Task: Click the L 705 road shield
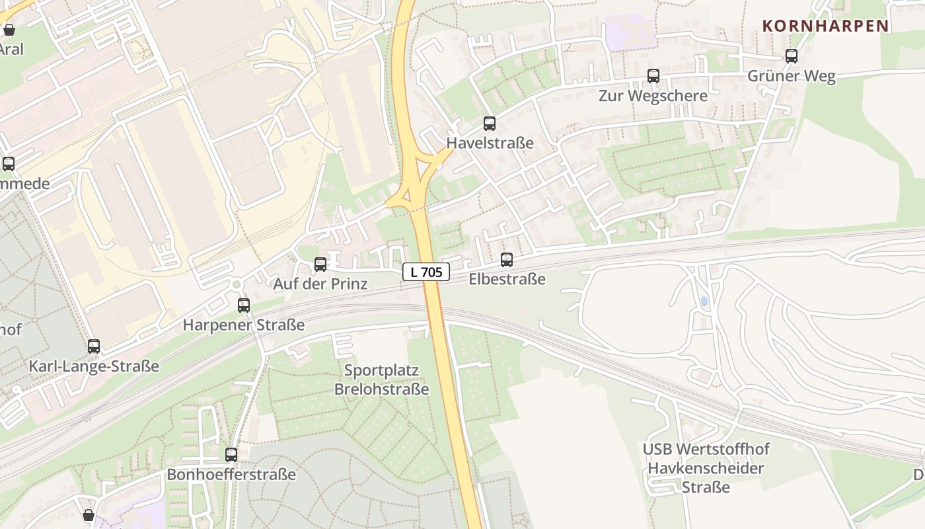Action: (426, 271)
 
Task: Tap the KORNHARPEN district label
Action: (825, 26)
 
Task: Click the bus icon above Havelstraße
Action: (490, 124)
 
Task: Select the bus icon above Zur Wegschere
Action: (653, 76)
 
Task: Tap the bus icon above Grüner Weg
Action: (791, 56)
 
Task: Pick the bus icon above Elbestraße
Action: (507, 260)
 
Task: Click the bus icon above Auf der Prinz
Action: (320, 264)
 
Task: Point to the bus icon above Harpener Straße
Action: (244, 305)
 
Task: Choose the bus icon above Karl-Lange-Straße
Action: (94, 346)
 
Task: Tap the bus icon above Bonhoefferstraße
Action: (231, 455)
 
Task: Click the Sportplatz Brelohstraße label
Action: (381, 380)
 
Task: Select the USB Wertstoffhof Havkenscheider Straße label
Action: (706, 468)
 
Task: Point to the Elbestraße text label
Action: (507, 279)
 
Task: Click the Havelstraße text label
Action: (490, 143)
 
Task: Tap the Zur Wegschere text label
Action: (653, 95)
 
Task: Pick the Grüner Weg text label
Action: (791, 75)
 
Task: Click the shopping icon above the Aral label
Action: (9, 30)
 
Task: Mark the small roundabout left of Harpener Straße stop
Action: (236, 284)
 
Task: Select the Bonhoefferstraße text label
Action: (231, 474)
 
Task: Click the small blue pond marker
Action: (704, 301)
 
